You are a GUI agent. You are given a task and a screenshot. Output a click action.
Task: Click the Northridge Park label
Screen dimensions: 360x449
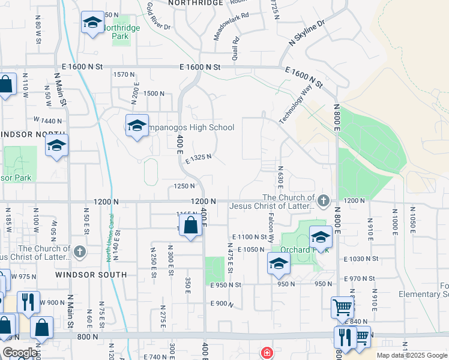pos(121,32)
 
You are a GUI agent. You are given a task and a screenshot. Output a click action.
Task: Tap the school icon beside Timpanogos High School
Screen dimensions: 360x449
pos(137,126)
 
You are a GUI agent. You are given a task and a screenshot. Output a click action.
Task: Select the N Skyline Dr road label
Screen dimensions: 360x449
pos(307,32)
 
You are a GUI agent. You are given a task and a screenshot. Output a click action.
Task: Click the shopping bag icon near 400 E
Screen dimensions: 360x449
pos(190,227)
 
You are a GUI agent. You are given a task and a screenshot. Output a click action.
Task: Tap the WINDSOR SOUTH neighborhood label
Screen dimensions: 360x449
pos(91,274)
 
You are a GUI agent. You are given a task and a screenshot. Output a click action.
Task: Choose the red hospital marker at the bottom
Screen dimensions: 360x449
pos(265,353)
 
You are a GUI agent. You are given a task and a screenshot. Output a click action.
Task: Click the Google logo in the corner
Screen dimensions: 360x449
pos(20,353)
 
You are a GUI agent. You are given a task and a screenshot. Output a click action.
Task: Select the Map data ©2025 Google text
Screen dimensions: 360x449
pos(412,355)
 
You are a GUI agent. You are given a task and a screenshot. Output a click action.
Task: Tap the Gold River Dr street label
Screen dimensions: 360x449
pos(158,16)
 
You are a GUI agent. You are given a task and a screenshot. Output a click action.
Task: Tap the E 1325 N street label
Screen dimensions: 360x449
pos(198,159)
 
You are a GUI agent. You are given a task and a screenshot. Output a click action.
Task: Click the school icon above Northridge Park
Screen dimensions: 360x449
pos(92,23)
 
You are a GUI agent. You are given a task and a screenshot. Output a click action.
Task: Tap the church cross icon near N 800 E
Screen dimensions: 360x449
pos(324,200)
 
